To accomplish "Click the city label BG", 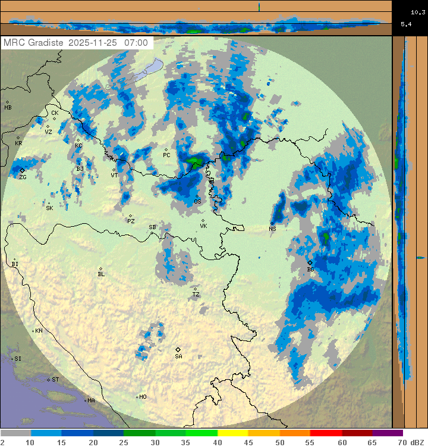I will tap(310, 270).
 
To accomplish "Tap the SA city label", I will tap(178, 356).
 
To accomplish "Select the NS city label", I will tap(272, 229).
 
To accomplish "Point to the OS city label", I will tap(197, 202).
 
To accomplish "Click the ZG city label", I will tap(23, 177).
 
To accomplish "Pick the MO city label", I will tap(143, 397).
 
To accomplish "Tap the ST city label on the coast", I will tap(55, 379).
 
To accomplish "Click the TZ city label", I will tap(196, 295).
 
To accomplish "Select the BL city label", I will tap(101, 274).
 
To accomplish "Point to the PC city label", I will tap(166, 155).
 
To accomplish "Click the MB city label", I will tap(8, 108).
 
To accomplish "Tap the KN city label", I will tap(39, 331).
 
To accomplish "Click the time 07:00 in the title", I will tap(136, 43).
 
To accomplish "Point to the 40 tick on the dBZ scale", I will tap(218, 442).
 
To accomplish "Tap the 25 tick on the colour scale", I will tap(124, 442).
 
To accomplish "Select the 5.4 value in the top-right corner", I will tap(406, 24).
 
